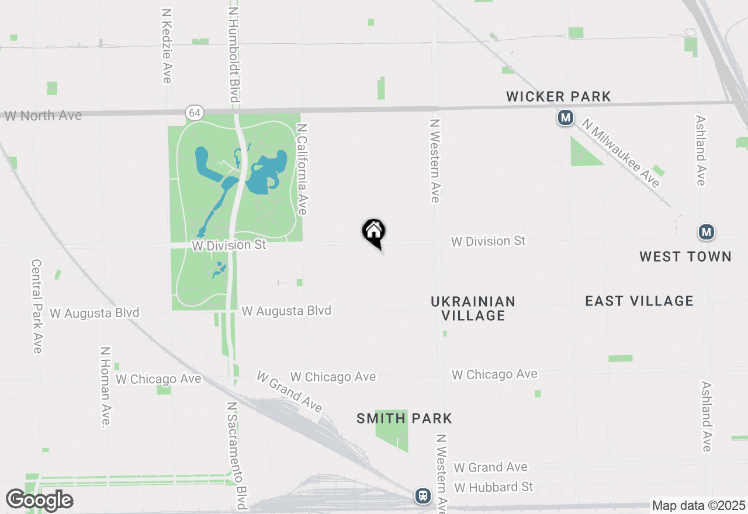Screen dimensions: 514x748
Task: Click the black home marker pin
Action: [374, 232]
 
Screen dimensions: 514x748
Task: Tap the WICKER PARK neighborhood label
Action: [559, 96]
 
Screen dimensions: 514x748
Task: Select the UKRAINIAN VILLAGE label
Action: [473, 308]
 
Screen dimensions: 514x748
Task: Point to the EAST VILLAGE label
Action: [639, 301]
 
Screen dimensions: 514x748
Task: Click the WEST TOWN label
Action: [685, 256]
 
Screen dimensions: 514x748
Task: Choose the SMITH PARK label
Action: [404, 418]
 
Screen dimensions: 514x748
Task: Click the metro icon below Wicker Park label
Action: [565, 117]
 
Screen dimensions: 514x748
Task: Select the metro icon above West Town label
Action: [707, 232]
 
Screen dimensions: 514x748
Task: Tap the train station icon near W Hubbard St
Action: [423, 496]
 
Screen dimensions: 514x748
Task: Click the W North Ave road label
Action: [43, 116]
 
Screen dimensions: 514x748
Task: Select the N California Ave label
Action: [302, 168]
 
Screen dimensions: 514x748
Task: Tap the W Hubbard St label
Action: [494, 487]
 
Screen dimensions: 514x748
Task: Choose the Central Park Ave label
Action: [37, 306]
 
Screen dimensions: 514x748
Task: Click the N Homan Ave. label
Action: [105, 387]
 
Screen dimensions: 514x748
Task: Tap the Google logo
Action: [39, 500]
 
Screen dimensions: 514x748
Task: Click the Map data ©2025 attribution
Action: [698, 505]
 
